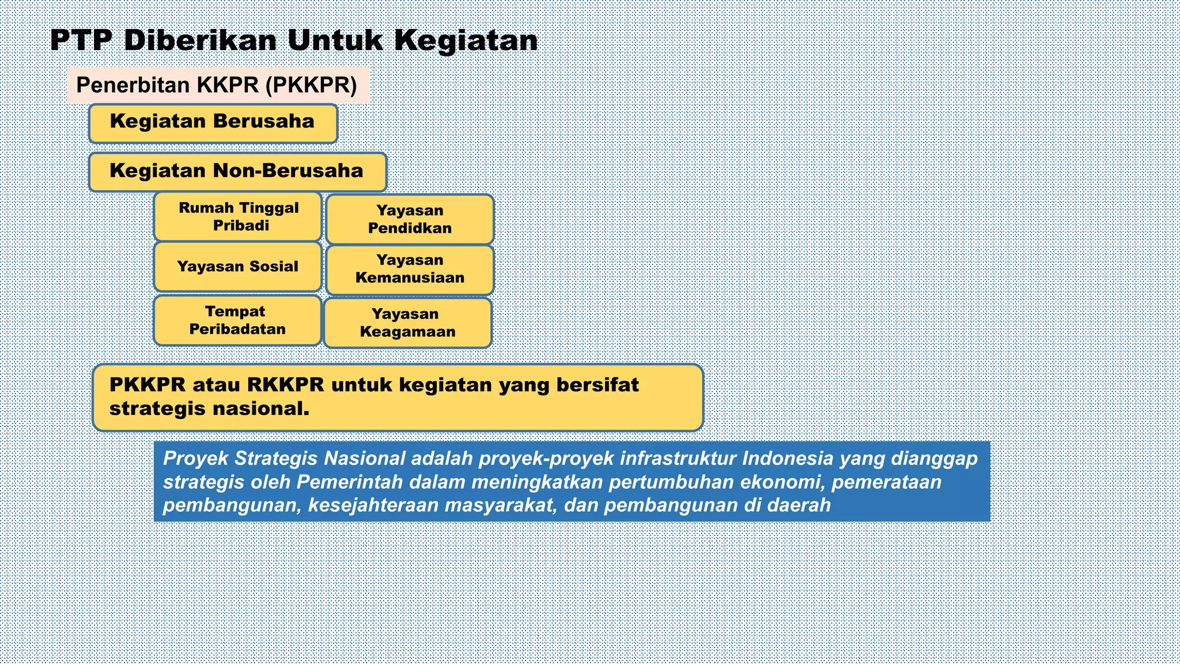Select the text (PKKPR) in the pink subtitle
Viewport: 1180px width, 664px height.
click(x=311, y=85)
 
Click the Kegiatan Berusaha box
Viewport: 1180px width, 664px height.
click(x=213, y=123)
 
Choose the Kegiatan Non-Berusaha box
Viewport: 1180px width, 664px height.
click(x=237, y=172)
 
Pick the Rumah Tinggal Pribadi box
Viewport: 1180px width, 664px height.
click(x=238, y=217)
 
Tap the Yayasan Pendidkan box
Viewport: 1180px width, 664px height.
click(x=410, y=220)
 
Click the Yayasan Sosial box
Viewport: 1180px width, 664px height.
click(x=237, y=266)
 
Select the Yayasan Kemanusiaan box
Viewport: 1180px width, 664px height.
click(x=410, y=269)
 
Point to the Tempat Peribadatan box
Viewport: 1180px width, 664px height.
click(x=237, y=320)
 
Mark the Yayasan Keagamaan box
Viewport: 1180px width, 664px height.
click(x=407, y=323)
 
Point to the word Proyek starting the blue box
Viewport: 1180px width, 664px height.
click(x=196, y=459)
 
